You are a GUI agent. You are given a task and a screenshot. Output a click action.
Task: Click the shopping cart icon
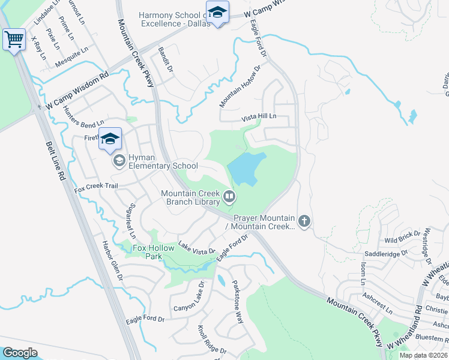tap(14, 40)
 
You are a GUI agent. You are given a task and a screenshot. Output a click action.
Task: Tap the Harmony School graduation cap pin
tap(217, 12)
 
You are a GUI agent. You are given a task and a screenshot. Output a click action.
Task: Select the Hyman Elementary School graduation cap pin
tap(110, 139)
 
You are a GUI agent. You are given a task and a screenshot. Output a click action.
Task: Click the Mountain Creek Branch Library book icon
tap(229, 196)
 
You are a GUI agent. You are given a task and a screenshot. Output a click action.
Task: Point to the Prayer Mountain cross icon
tap(304, 222)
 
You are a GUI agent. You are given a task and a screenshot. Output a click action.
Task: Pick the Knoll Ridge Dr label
tap(212, 340)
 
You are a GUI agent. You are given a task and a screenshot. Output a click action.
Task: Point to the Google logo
tap(20, 352)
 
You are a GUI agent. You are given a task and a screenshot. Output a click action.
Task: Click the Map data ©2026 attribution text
tap(423, 355)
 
